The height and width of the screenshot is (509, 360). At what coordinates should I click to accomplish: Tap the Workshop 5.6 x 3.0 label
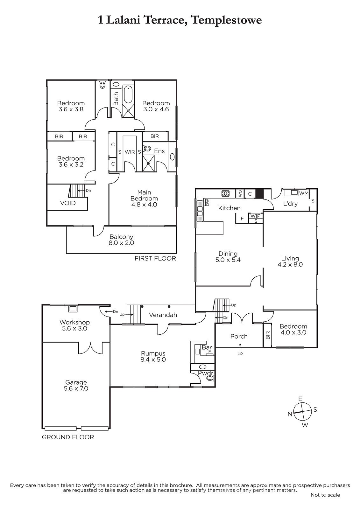[74, 325]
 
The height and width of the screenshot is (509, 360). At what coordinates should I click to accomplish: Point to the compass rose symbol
[302, 412]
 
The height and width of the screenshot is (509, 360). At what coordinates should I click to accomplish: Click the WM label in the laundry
[304, 193]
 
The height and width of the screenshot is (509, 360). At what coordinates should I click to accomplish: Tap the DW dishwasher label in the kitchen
[207, 202]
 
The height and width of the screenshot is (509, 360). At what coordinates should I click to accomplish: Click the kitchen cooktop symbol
[225, 193]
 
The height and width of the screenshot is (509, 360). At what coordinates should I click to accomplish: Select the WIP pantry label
[255, 216]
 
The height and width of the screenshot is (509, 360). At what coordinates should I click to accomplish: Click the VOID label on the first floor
[68, 203]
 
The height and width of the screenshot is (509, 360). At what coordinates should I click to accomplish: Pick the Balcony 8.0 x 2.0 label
[121, 240]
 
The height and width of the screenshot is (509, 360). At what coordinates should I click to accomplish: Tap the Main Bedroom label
[144, 199]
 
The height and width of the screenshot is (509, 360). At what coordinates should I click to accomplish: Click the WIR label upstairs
[130, 152]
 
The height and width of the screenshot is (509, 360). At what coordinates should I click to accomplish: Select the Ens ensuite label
[159, 151]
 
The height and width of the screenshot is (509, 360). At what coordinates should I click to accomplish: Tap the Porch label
[239, 336]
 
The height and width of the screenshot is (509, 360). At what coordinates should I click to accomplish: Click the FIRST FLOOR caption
[155, 258]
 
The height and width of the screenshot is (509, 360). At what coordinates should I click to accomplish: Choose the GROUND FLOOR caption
[68, 437]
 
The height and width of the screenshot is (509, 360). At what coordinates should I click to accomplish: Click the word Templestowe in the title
[227, 20]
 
